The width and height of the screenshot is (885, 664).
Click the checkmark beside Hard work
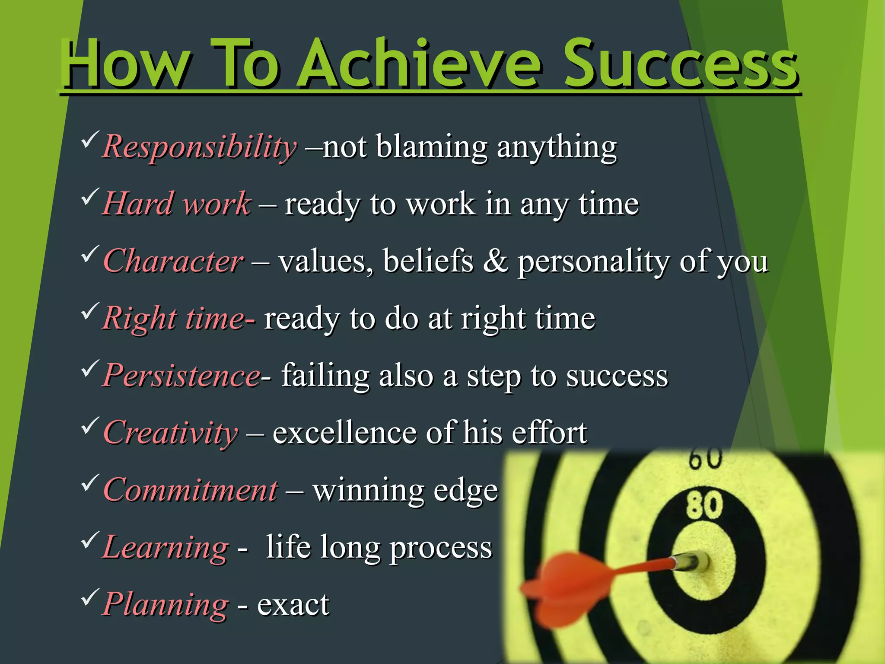coord(89,197)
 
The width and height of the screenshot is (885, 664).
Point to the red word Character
coord(173,261)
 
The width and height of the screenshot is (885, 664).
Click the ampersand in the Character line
coord(495,261)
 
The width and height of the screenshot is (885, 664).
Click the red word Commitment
coord(191,490)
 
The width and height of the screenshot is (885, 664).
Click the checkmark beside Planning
coord(89,597)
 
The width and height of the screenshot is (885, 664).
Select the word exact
coord(293,604)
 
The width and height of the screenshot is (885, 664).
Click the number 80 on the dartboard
coord(704,505)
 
